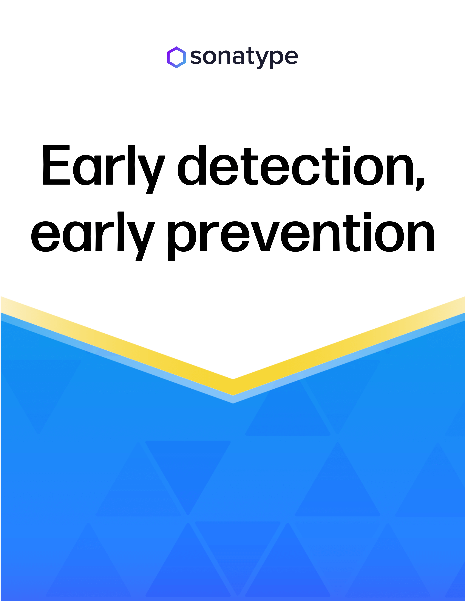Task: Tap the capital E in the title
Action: point(56,165)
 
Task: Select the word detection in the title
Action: point(295,165)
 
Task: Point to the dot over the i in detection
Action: point(346,149)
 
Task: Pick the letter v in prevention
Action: point(265,237)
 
